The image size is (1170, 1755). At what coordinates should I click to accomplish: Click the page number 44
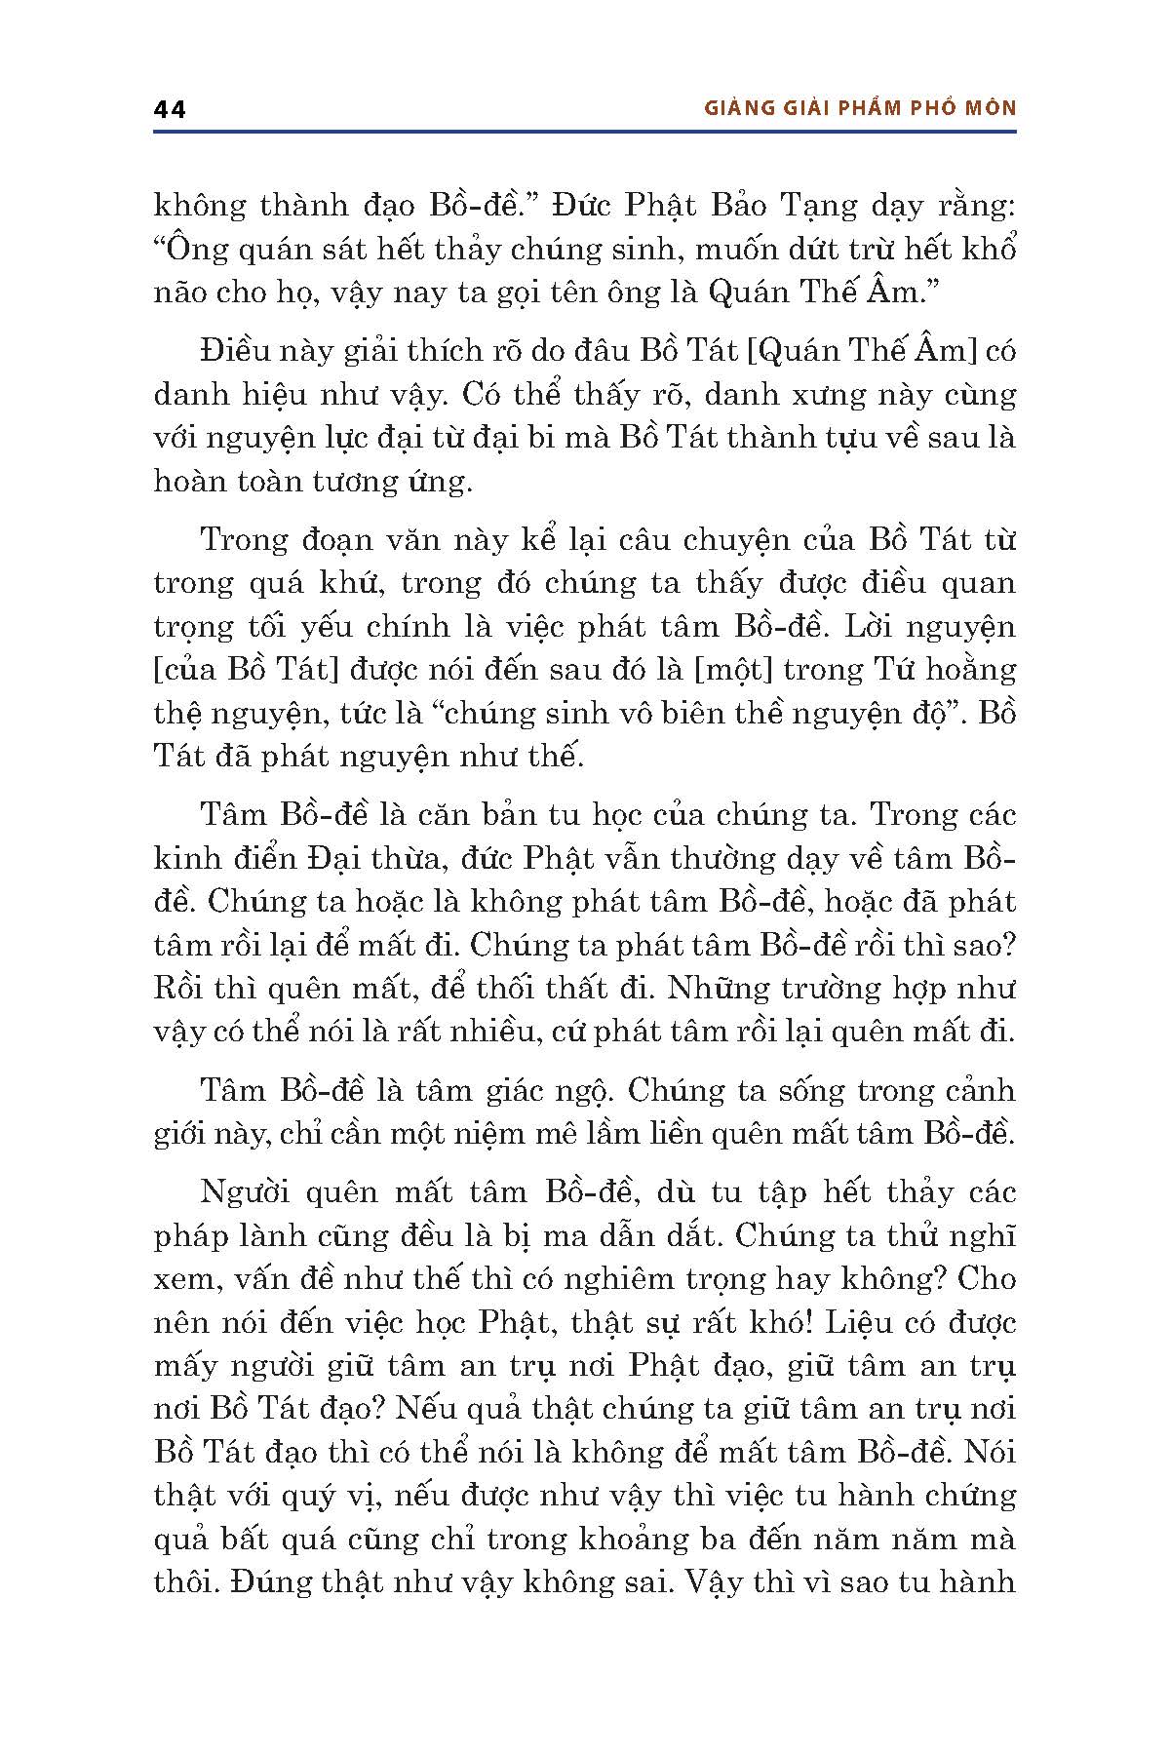170,109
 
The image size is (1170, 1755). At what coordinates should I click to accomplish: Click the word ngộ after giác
587,1091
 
